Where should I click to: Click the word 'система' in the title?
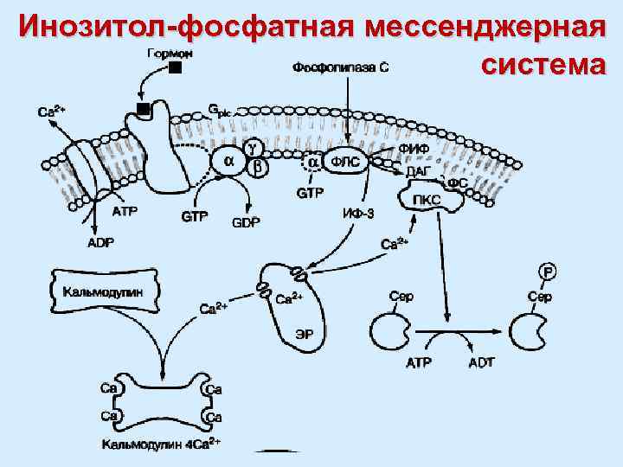pos(542,65)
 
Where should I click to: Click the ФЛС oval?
pos(346,161)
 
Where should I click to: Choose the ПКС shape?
pos(428,202)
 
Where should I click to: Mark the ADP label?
pos(100,244)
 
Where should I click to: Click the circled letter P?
pos(548,272)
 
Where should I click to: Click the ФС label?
pos(458,183)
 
